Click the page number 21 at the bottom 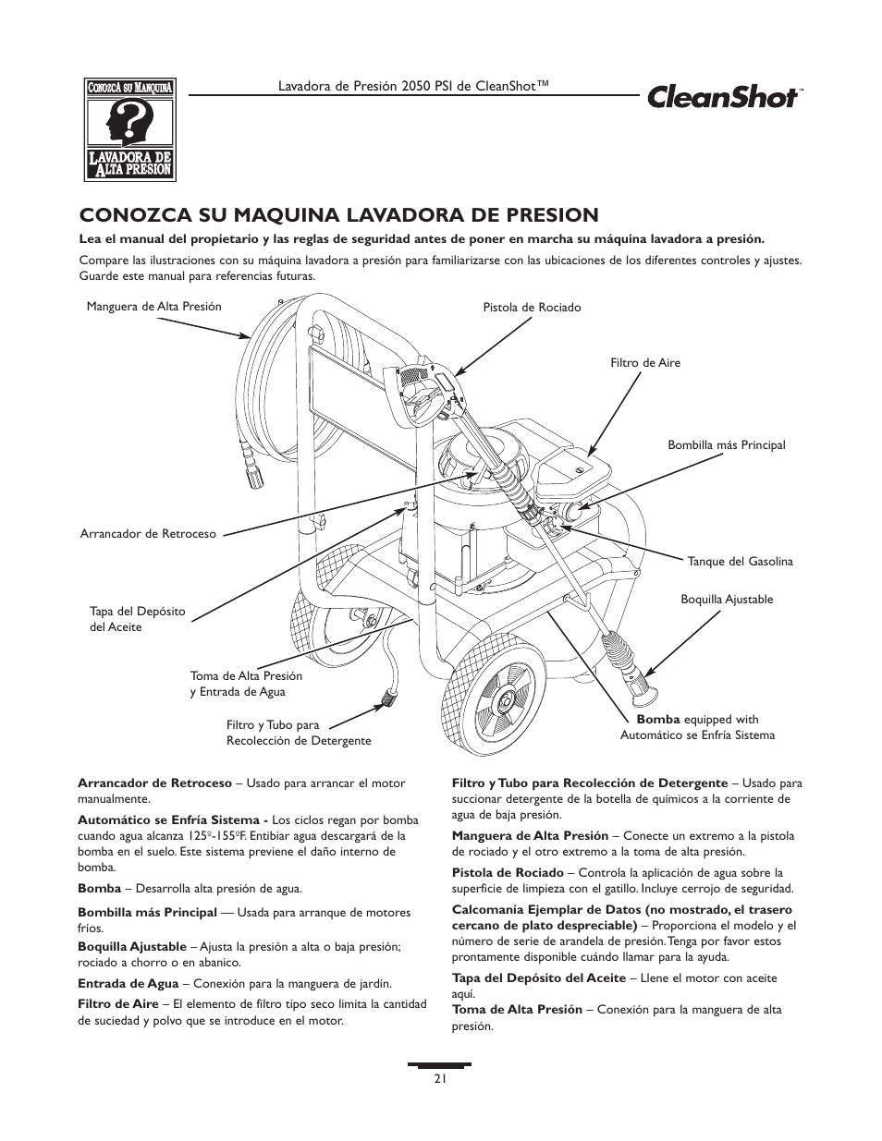pyautogui.click(x=440, y=1078)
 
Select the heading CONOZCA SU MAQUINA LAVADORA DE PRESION pyautogui.click(x=338, y=215)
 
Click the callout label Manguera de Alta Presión pyautogui.click(x=153, y=307)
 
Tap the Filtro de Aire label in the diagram pyautogui.click(x=644, y=363)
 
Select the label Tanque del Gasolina pyautogui.click(x=740, y=561)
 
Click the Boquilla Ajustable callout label pyautogui.click(x=727, y=599)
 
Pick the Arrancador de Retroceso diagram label pyautogui.click(x=148, y=533)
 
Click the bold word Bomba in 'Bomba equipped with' pyautogui.click(x=657, y=719)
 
